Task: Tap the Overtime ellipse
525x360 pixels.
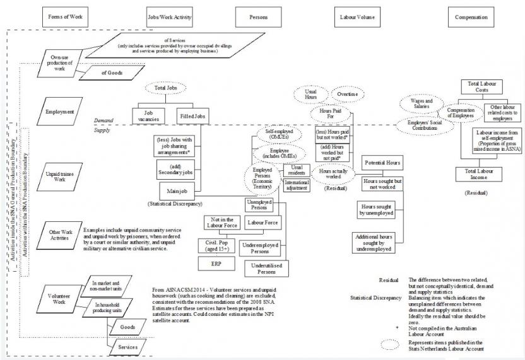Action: coord(346,94)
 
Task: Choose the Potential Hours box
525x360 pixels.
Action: coord(384,163)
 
